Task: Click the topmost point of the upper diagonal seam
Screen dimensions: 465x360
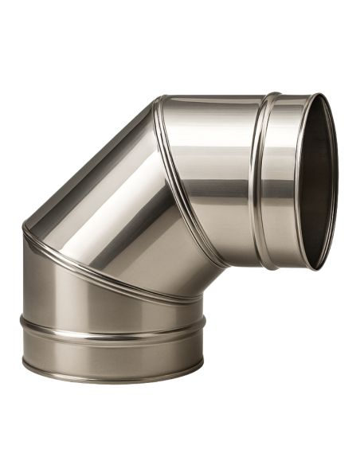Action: pyautogui.click(x=159, y=100)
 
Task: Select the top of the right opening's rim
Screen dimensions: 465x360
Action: pyautogui.click(x=323, y=95)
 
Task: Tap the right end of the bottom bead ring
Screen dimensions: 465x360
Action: pyautogui.click(x=204, y=322)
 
